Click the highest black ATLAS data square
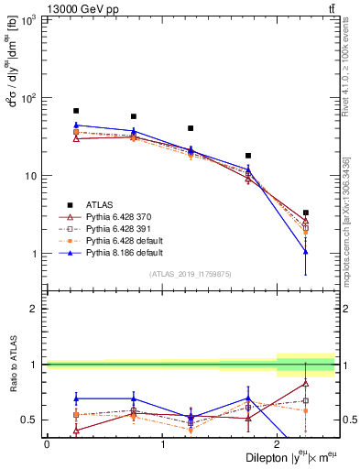coord(76,111)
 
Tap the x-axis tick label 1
coord(162,444)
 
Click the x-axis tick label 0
coord(47,444)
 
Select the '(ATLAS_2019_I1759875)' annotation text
coord(191,273)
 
